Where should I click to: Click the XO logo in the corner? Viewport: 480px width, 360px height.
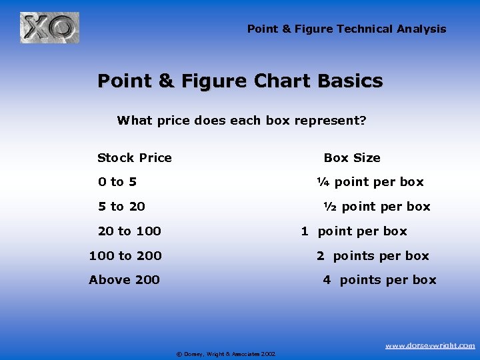point(49,28)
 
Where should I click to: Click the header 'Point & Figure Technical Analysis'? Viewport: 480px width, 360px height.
point(347,29)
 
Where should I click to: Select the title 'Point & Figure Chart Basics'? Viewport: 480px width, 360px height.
point(240,81)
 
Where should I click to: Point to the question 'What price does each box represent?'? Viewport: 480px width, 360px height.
point(241,121)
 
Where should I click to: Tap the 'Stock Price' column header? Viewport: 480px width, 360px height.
point(134,158)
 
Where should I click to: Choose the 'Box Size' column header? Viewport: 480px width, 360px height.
point(352,158)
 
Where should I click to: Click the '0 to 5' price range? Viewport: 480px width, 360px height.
point(117,182)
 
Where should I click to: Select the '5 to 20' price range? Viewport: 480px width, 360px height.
point(121,207)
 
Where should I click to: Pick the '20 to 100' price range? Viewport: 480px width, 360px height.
point(129,231)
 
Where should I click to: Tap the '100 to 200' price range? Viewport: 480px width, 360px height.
point(125,256)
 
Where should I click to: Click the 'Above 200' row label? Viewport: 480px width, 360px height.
point(124,280)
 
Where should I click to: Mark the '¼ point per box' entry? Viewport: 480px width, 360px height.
point(370,182)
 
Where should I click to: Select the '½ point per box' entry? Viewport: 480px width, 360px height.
point(377,207)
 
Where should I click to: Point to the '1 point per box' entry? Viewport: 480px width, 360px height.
point(353,231)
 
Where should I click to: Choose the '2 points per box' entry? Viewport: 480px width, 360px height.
point(373,256)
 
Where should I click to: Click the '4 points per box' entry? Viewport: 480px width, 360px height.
point(379,280)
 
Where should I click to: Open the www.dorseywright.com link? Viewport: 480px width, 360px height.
point(430,345)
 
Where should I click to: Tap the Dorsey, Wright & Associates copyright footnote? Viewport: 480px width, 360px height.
point(226,353)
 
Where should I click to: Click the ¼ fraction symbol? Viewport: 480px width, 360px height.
point(323,182)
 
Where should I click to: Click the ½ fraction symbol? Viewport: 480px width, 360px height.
point(329,207)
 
